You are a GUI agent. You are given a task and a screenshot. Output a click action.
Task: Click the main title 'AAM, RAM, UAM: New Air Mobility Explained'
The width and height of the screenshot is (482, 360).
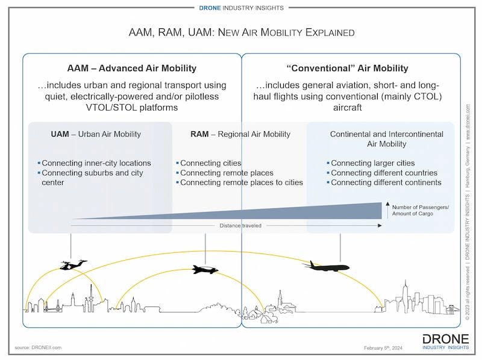[x=241, y=32]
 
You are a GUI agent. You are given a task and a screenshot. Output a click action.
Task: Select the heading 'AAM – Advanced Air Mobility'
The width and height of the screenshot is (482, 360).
[x=131, y=68]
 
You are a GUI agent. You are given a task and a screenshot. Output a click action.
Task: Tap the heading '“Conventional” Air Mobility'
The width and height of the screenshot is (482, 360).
[x=351, y=68]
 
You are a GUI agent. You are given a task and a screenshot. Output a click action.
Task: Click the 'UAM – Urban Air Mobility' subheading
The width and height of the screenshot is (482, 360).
[x=96, y=134]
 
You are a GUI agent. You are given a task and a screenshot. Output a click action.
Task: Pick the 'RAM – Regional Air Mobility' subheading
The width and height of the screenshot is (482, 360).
[x=240, y=134]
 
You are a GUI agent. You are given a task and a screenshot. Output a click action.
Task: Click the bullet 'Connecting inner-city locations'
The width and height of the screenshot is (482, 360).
[x=96, y=163]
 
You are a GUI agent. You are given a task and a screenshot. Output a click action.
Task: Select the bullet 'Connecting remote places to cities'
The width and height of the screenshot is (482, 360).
[x=241, y=182]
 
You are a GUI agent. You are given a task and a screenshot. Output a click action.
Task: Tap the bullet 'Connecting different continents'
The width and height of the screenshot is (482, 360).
[x=386, y=182]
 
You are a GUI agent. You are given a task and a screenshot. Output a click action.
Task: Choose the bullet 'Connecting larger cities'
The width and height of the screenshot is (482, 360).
[x=372, y=163]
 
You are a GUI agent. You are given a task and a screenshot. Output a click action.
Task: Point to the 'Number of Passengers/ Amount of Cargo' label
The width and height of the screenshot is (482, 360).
[x=420, y=210]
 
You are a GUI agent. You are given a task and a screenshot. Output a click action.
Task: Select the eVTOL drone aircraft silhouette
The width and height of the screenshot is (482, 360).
[x=73, y=264]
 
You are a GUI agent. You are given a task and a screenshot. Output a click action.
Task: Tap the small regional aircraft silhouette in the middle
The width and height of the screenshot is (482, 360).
[x=205, y=270]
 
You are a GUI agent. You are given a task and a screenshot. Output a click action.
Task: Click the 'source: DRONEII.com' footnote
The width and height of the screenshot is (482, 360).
[x=38, y=347]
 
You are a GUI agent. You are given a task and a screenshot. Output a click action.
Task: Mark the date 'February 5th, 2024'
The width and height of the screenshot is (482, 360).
[x=386, y=348]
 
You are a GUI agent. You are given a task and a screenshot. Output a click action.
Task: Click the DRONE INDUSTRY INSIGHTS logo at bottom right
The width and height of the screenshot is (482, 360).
[x=446, y=342]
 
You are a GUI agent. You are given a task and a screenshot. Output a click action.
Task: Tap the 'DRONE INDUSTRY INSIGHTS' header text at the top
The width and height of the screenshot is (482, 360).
[x=241, y=8]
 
